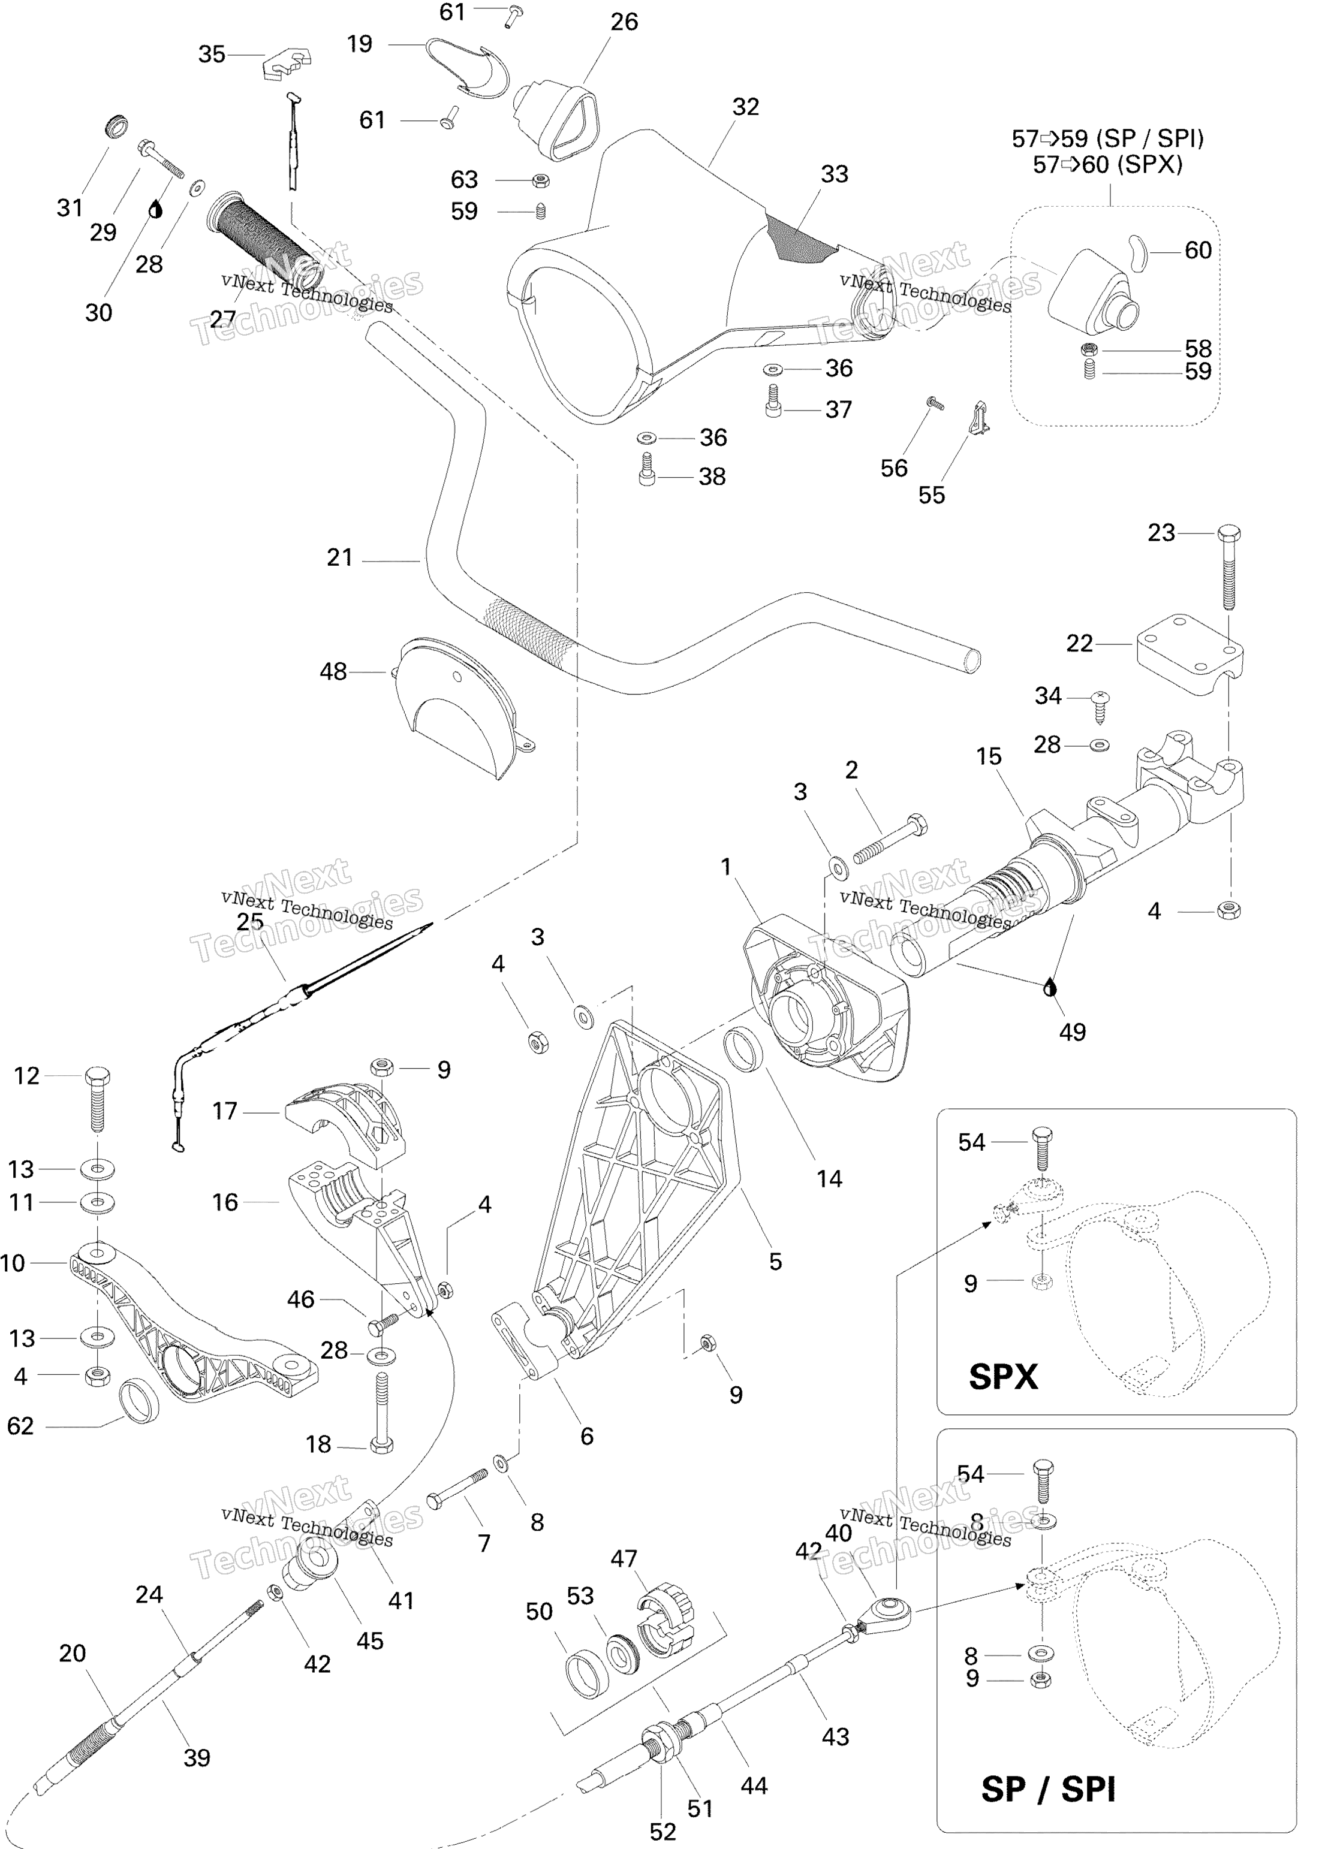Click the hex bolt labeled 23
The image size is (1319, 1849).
(x=1229, y=568)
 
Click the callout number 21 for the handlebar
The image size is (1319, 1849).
(x=339, y=558)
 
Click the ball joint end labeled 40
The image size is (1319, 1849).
(x=890, y=1609)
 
